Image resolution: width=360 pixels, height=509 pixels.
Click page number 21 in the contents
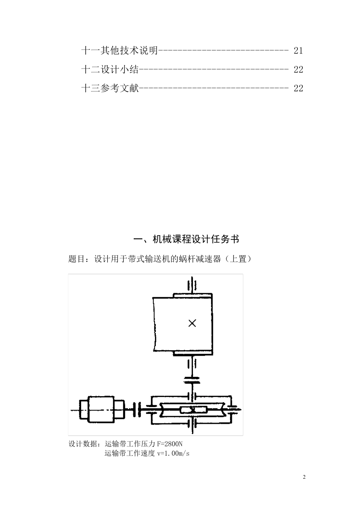pos(298,50)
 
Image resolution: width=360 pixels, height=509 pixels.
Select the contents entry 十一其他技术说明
pos(119,50)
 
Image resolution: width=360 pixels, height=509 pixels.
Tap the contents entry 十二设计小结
pos(110,69)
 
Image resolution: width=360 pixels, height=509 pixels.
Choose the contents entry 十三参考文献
pos(110,88)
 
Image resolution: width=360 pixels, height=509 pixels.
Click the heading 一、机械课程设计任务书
pos(187,239)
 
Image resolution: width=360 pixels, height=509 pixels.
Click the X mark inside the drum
pos(193,323)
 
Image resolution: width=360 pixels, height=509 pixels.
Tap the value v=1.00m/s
pos(173,453)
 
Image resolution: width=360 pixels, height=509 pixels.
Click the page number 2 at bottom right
pos(304,477)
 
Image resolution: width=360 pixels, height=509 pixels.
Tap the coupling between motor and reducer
pos(137,409)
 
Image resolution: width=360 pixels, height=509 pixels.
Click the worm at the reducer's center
pos(193,409)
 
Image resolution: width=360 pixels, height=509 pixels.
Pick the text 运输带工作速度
pos(130,453)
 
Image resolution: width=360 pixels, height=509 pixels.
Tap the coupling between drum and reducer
pos(192,380)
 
